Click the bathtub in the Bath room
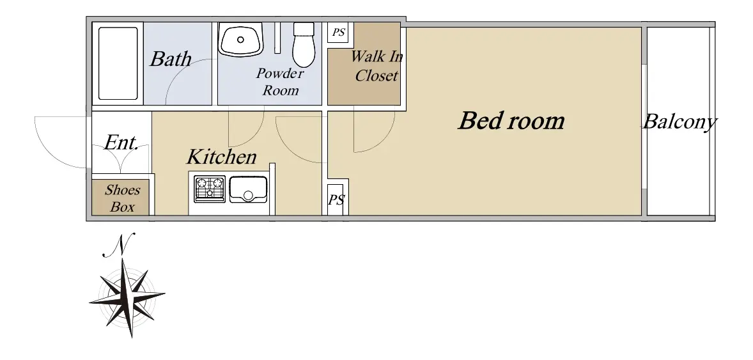pos(118,63)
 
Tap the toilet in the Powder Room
pos(304,45)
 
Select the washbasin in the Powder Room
pos(240,39)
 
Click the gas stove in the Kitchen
pos(210,189)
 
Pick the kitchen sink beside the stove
pos(248,189)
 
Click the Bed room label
pos(511,121)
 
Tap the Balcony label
pos(680,121)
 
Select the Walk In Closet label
pos(376,66)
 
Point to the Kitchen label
pos(221,157)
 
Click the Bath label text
pos(171,59)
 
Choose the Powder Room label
pos(280,82)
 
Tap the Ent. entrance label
pos(121,142)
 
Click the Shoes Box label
pos(123,198)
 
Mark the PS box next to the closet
pos(338,33)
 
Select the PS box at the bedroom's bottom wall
pos(336,200)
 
